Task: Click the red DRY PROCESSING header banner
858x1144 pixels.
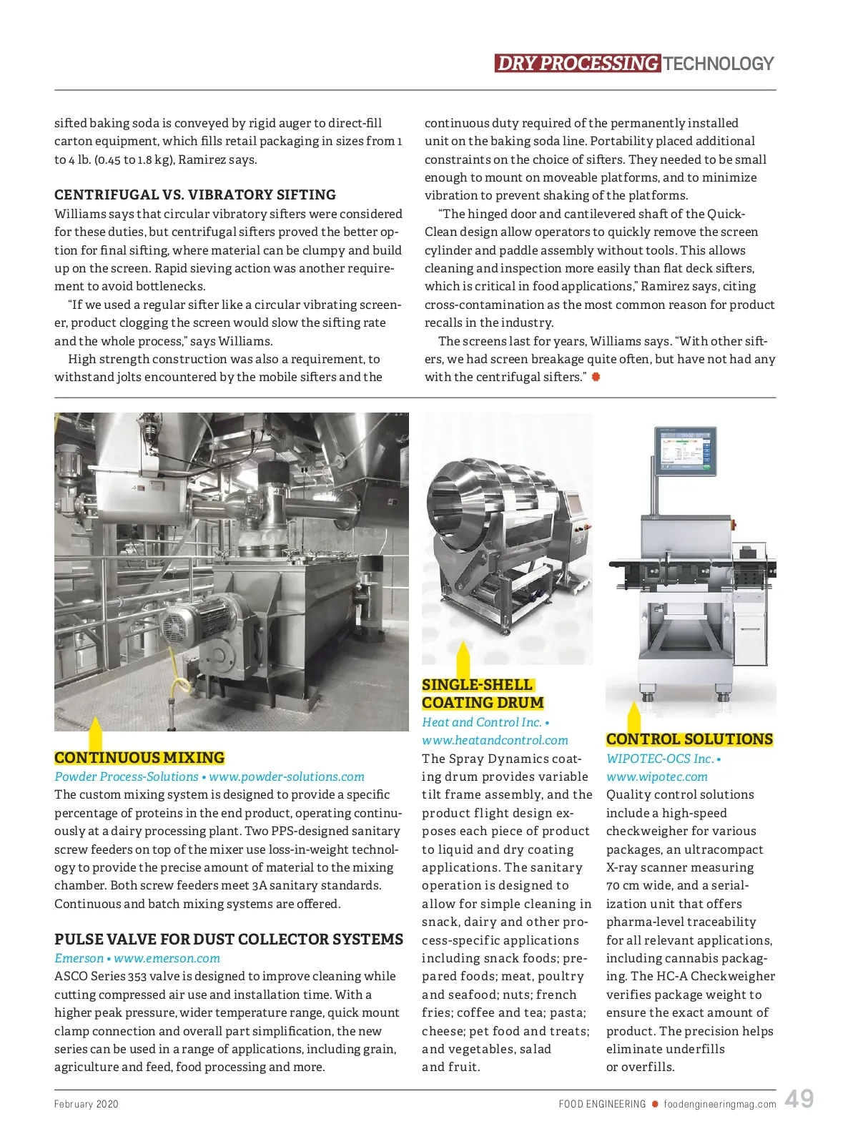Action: point(577,64)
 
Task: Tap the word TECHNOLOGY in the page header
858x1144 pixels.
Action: point(718,64)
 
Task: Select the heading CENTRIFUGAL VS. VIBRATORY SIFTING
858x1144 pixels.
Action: point(195,194)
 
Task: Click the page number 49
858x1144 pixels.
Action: point(799,1099)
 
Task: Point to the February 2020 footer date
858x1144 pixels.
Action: point(87,1104)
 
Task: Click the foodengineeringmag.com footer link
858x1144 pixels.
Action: point(719,1104)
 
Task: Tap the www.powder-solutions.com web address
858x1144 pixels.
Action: point(287,776)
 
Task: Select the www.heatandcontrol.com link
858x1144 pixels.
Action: point(495,740)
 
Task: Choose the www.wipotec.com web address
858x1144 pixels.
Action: point(657,776)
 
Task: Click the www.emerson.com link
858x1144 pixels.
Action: point(167,958)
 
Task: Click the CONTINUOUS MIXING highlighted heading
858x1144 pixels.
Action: point(139,758)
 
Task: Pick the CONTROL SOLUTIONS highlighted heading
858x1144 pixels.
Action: point(689,739)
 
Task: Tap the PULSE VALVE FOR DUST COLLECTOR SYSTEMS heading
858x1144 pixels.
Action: point(229,940)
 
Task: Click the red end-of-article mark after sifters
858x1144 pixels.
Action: point(596,377)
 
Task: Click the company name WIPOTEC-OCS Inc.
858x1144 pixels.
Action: point(659,759)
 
